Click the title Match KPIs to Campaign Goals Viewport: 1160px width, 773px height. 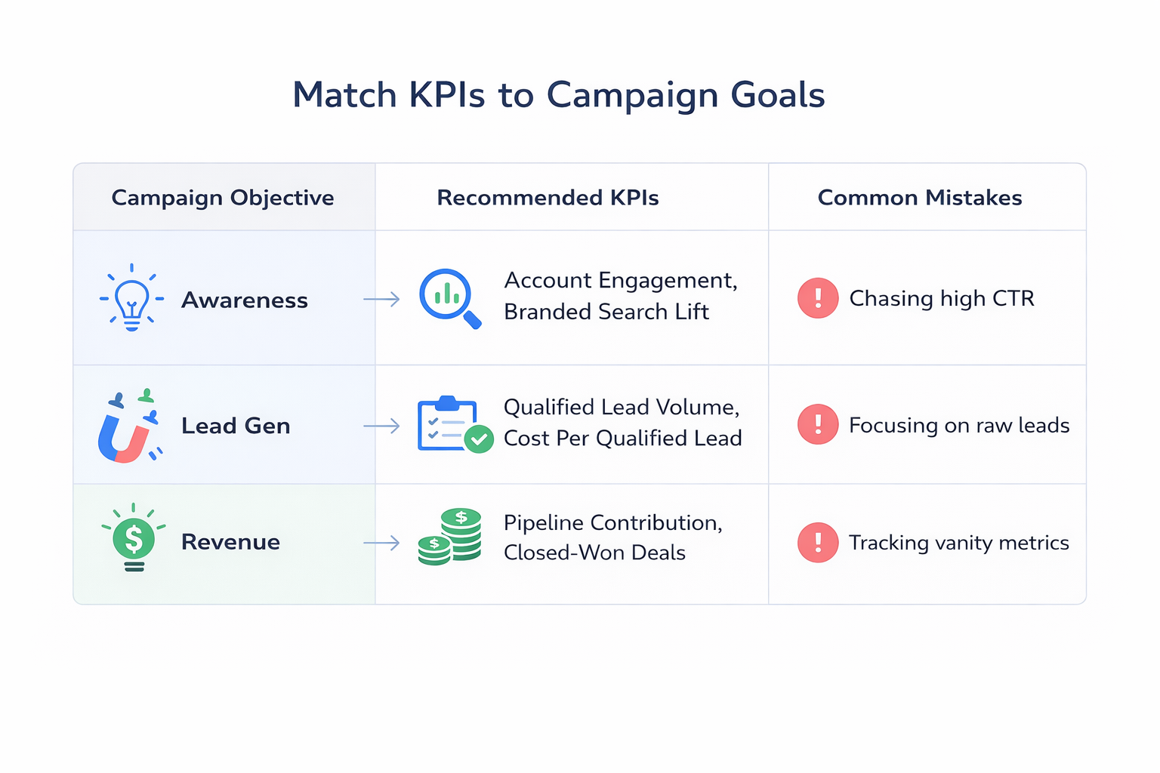point(558,96)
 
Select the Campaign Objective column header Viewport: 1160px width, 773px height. point(223,198)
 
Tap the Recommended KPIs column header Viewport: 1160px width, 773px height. point(548,198)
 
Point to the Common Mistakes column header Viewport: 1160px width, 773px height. point(919,198)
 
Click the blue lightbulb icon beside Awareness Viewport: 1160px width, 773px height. point(132,298)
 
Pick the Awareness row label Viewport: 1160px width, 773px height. point(245,300)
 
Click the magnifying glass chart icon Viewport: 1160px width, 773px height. point(449,298)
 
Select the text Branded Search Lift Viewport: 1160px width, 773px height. point(606,312)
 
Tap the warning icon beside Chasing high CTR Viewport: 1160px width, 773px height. point(818,298)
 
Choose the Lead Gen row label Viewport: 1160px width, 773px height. point(236,426)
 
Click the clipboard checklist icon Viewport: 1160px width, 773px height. point(454,425)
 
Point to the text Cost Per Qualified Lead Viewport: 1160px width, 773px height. point(622,439)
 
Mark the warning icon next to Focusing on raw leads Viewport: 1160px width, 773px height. point(818,425)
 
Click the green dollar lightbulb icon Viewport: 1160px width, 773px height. point(134,538)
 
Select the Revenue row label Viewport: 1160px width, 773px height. point(230,542)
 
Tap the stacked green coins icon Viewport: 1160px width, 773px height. point(451,537)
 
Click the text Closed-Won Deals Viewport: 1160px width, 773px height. point(594,553)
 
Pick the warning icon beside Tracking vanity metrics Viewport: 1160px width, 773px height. point(818,543)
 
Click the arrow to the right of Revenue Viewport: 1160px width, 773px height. point(381,543)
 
